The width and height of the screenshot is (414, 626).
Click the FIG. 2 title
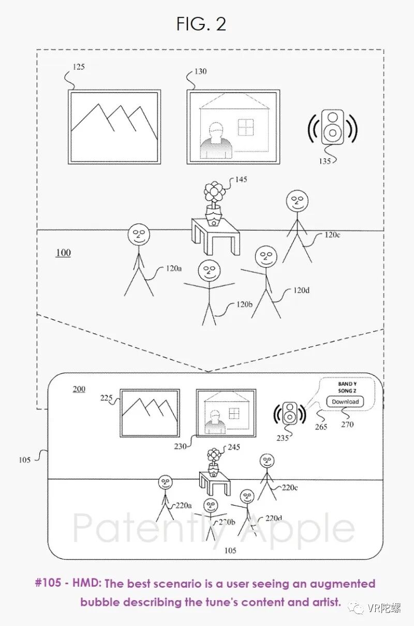click(201, 24)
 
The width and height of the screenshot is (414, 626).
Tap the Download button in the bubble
click(345, 402)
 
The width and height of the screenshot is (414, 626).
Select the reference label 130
click(200, 71)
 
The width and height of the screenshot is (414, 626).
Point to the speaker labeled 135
click(332, 127)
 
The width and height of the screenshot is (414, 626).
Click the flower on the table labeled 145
click(214, 192)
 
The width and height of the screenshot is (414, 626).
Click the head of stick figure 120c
click(297, 201)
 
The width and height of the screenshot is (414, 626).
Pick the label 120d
click(301, 290)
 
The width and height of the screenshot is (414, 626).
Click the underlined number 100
click(63, 253)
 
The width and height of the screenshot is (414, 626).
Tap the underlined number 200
click(79, 389)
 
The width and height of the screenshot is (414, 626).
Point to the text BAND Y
click(347, 384)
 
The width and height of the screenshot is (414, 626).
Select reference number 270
click(347, 425)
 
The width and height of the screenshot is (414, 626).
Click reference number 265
click(321, 427)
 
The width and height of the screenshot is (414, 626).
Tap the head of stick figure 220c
click(267, 460)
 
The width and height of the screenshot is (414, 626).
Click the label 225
click(107, 398)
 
